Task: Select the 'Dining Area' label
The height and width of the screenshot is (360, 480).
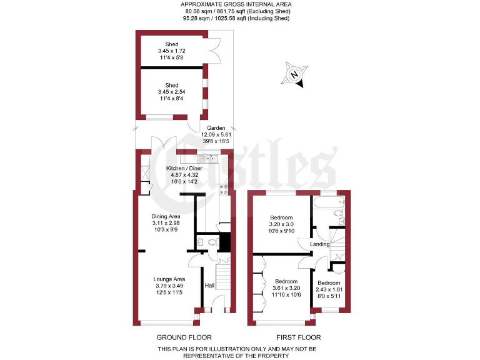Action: click(166, 216)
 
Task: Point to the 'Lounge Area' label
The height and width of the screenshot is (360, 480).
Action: click(170, 279)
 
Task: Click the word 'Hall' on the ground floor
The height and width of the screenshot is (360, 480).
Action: click(210, 286)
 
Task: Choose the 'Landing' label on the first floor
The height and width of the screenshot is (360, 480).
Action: click(321, 244)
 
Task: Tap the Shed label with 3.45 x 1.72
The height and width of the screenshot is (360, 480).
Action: click(172, 44)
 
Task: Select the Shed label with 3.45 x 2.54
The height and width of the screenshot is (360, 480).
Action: click(172, 86)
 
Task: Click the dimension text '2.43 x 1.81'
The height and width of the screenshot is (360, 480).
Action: click(331, 289)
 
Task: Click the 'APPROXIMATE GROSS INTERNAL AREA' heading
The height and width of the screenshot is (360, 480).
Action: click(239, 4)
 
